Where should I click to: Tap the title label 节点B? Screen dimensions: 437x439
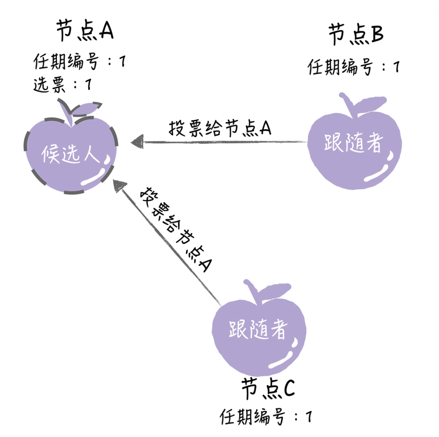point(355,35)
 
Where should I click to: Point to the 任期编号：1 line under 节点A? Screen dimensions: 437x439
point(79,62)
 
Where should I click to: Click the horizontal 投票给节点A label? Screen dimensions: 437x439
point(220,129)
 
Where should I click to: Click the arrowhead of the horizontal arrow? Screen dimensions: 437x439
point(137,141)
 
